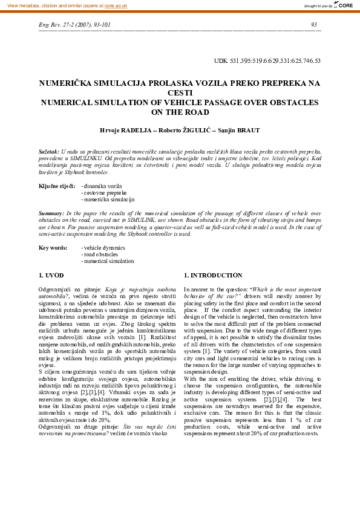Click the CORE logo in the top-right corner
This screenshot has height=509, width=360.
[344, 5]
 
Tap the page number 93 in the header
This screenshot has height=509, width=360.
[313, 25]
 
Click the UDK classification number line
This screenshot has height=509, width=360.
[267, 60]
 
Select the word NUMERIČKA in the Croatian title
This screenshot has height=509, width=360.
[69, 84]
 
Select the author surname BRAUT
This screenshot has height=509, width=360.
[246, 130]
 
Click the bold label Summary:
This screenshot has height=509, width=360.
[51, 214]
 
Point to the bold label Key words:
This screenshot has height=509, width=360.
[53, 247]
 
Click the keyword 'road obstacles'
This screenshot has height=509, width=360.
[101, 254]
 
